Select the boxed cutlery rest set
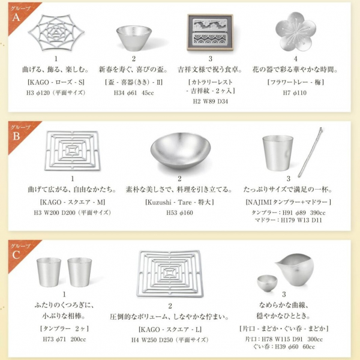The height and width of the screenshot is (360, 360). coord(210,32)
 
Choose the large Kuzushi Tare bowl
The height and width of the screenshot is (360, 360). coord(179,151)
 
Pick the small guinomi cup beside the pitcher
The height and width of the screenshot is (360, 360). coord(267,282)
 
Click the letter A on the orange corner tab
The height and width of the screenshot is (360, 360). coord(16,17)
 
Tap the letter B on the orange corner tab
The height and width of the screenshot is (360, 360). coord(16,136)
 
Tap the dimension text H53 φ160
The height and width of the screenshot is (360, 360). coord(179,212)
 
